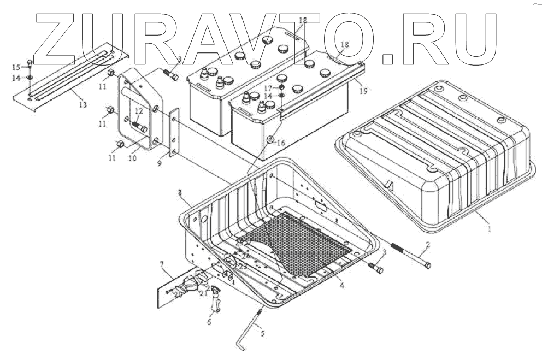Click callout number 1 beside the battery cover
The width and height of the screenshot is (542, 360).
tap(490, 229)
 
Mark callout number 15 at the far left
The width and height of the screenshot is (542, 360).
tap(16, 67)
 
